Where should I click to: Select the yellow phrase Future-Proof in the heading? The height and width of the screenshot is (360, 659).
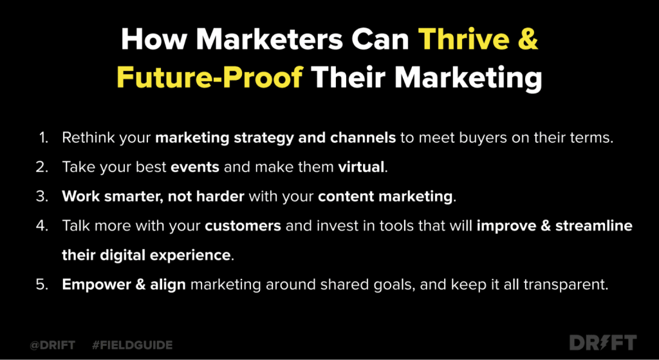tap(210, 78)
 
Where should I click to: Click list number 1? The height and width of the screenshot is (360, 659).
tap(43, 138)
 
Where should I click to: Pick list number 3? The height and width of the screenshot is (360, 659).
tap(42, 197)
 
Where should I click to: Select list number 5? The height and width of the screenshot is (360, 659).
tap(42, 285)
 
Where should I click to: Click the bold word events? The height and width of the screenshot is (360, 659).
tap(195, 167)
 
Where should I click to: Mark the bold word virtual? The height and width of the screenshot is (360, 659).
tap(361, 167)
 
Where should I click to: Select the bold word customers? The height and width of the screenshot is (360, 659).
tap(243, 226)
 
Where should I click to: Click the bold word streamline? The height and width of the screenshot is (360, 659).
tap(594, 226)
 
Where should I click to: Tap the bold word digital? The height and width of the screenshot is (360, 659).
tap(122, 256)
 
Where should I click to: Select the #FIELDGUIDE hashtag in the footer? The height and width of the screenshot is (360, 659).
tap(132, 345)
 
